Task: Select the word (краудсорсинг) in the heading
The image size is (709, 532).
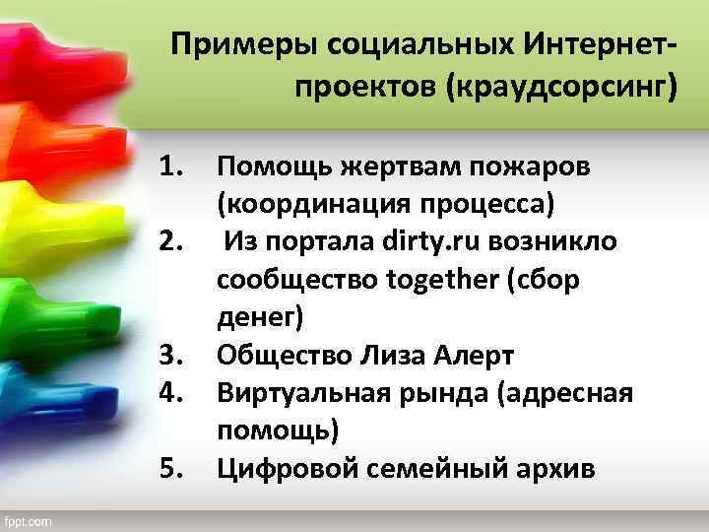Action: (562, 90)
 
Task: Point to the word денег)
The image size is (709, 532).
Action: (262, 317)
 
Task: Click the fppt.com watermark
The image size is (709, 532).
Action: (30, 519)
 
